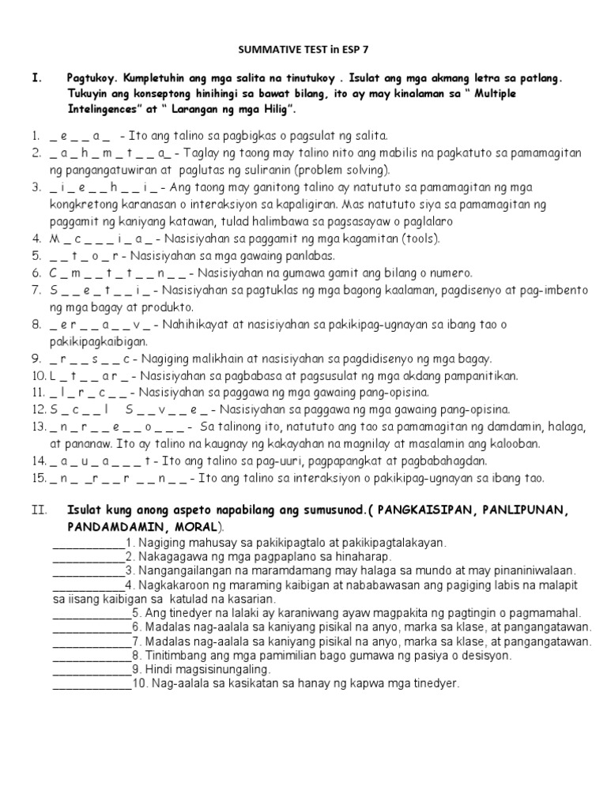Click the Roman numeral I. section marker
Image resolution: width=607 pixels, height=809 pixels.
(x=36, y=78)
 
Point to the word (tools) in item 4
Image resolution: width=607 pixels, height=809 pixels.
(x=421, y=239)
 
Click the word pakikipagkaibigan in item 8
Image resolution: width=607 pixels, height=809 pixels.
(x=92, y=341)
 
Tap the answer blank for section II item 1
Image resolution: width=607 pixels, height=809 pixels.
(x=87, y=544)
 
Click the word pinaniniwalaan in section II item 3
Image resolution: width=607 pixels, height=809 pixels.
(x=526, y=570)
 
